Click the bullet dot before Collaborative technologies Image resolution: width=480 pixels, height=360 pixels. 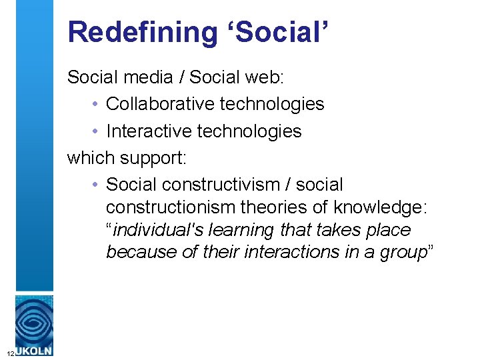click(x=97, y=105)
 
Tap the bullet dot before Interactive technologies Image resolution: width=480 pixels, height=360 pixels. click(x=97, y=131)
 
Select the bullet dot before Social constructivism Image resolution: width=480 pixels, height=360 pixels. click(x=97, y=185)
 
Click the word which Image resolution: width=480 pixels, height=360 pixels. click(x=91, y=158)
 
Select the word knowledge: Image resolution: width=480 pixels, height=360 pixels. click(x=381, y=207)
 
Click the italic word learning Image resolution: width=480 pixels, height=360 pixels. click(x=242, y=230)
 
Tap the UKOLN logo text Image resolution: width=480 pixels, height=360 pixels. click(x=35, y=350)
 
